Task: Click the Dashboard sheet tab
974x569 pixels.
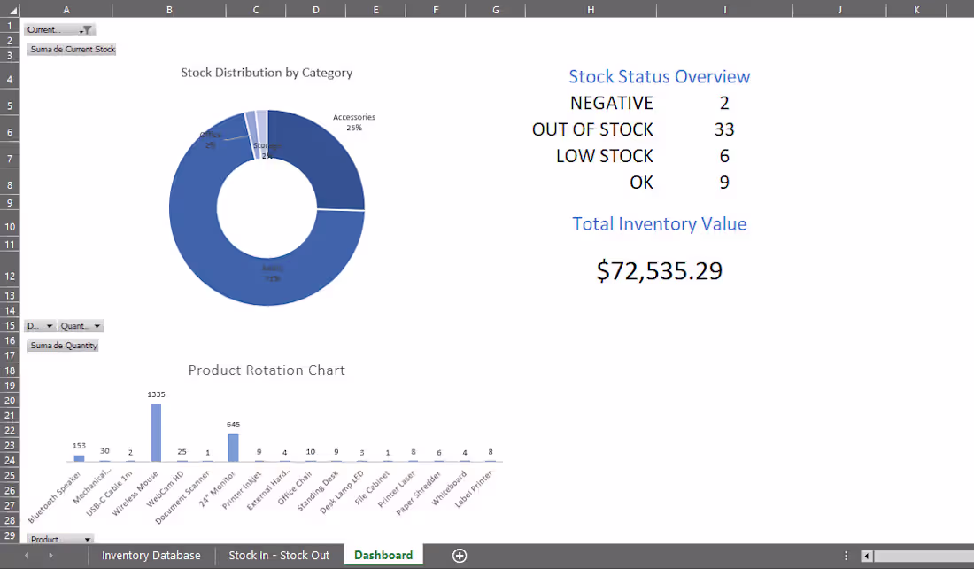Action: (x=383, y=556)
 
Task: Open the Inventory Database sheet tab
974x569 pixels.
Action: (x=151, y=556)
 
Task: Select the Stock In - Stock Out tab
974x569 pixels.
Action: (x=279, y=556)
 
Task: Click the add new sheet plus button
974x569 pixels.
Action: (x=460, y=556)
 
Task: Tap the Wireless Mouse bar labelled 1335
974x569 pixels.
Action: (x=157, y=433)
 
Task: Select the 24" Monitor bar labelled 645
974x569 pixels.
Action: (x=233, y=448)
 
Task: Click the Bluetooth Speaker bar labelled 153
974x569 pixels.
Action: (x=80, y=458)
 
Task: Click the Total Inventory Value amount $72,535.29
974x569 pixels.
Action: (x=660, y=271)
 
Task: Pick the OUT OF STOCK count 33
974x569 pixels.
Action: (x=724, y=129)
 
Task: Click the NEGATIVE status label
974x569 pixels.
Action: (x=612, y=103)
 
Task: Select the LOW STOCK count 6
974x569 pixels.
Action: (x=724, y=156)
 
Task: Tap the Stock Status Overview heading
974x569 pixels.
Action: (x=660, y=77)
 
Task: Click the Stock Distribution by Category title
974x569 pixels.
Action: (x=267, y=73)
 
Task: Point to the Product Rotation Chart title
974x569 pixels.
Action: (x=267, y=370)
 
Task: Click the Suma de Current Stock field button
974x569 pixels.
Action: (x=73, y=50)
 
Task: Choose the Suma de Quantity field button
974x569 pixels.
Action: (x=64, y=346)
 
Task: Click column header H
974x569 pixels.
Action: (x=591, y=10)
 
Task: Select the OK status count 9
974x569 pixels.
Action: (x=724, y=183)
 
